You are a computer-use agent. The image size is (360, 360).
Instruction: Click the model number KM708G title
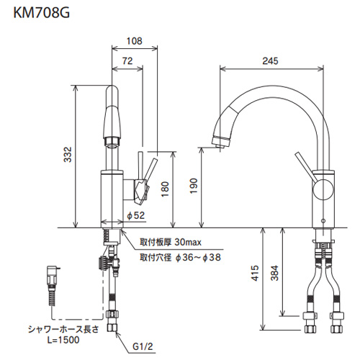tap(42, 13)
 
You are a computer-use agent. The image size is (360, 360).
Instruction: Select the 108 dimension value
tap(135, 41)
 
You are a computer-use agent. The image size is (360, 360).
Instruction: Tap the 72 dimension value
tap(127, 61)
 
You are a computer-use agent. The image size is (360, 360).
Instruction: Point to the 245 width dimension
tap(270, 61)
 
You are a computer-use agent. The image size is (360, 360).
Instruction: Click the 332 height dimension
tap(68, 155)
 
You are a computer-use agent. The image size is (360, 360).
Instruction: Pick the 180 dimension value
tap(165, 189)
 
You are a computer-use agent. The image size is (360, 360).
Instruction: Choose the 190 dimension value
tap(194, 186)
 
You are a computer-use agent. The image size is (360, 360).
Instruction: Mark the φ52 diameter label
tap(136, 215)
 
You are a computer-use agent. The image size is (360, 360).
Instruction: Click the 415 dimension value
tap(256, 273)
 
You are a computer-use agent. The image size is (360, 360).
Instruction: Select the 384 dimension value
tap(274, 273)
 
